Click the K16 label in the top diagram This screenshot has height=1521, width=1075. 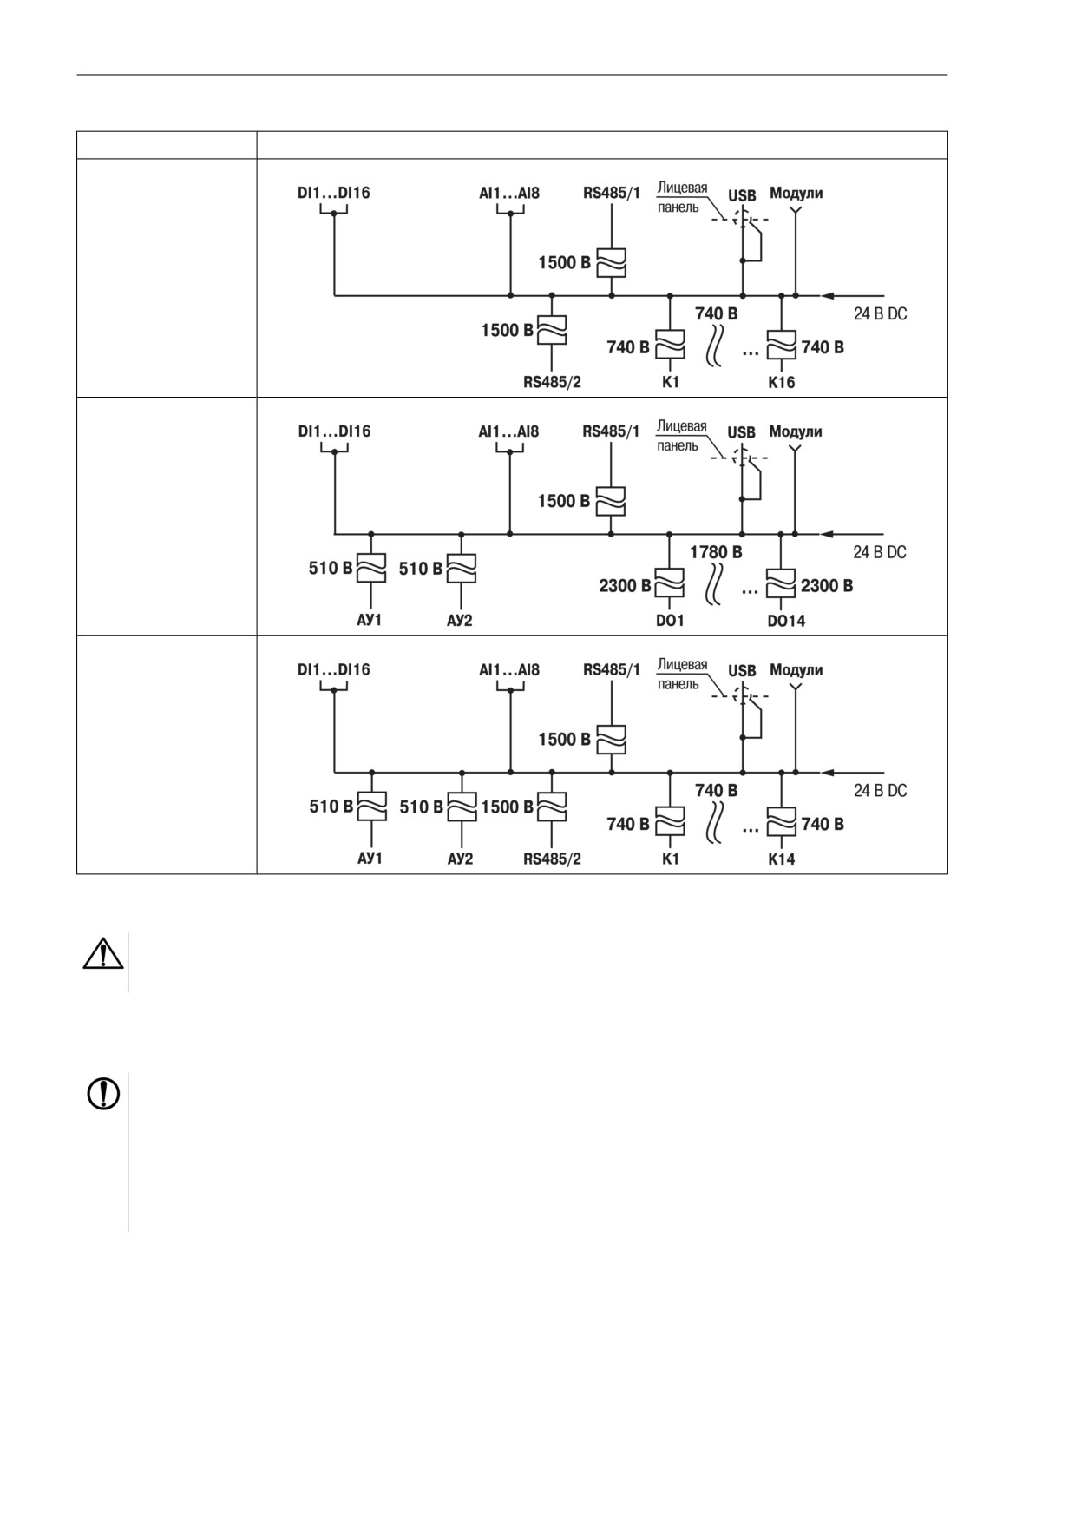tap(781, 382)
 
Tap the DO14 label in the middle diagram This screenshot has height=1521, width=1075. tap(786, 621)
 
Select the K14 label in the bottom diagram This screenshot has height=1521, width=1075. tap(781, 859)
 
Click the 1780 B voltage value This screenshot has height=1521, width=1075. tap(716, 552)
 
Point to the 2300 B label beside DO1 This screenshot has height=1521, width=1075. tap(625, 586)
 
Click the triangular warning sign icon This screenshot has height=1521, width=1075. tap(102, 953)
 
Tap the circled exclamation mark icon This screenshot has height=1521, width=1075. tap(103, 1094)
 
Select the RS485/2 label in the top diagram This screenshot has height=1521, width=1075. tap(552, 382)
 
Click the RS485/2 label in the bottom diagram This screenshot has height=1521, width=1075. tap(552, 859)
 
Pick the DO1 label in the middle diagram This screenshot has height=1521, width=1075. tap(670, 621)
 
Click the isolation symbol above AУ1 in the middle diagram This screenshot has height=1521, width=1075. tap(371, 569)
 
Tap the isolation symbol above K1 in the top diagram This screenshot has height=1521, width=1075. tap(670, 345)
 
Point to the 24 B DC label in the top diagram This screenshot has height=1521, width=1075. tap(880, 313)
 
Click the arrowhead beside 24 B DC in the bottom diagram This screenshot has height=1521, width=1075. tap(828, 773)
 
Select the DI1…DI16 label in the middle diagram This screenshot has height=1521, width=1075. tap(334, 431)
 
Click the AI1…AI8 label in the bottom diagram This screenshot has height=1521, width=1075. tap(509, 670)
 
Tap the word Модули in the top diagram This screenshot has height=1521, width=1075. tap(796, 193)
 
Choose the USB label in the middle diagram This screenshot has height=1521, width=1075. tap(742, 432)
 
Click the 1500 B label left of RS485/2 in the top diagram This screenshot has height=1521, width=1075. tap(508, 330)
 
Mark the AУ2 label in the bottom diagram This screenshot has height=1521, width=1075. tap(460, 859)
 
